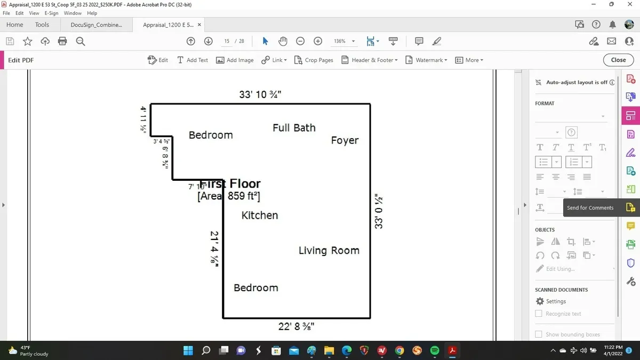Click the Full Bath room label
pyautogui.click(x=294, y=128)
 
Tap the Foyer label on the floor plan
pyautogui.click(x=345, y=141)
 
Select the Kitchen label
pyautogui.click(x=260, y=215)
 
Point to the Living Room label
pyautogui.click(x=329, y=251)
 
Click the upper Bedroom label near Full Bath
pyautogui.click(x=211, y=135)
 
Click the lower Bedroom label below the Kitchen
pyautogui.click(x=256, y=288)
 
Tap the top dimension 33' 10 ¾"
pyautogui.click(x=260, y=95)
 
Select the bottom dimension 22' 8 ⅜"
pyautogui.click(x=296, y=326)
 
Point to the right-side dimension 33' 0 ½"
pyautogui.click(x=379, y=212)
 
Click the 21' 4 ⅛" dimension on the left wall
pyautogui.click(x=214, y=248)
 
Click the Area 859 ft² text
pyautogui.click(x=229, y=196)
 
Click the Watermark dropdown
pyautogui.click(x=426, y=60)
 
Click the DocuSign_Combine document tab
pyautogui.click(x=96, y=25)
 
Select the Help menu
pyautogui.click(x=92, y=13)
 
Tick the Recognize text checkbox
pyautogui.click(x=539, y=314)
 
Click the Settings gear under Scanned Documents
pyautogui.click(x=540, y=301)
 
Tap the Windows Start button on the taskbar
pyautogui.click(x=188, y=350)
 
